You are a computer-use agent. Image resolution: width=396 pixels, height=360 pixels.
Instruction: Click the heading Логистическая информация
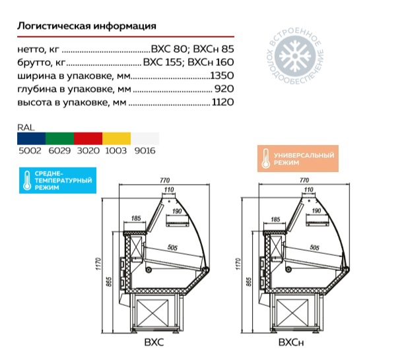(x=86, y=26)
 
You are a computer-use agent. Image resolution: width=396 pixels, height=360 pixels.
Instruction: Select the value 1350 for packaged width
(x=222, y=75)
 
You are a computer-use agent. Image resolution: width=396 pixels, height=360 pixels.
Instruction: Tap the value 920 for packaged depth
(x=224, y=89)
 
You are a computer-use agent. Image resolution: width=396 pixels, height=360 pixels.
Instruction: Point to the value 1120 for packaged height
(x=223, y=102)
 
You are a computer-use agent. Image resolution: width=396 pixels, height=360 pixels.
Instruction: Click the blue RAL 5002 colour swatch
(x=31, y=138)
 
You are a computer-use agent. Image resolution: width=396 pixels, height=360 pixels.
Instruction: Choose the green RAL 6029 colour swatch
(x=60, y=138)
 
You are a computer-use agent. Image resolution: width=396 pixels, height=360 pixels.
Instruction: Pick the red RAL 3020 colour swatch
(x=88, y=138)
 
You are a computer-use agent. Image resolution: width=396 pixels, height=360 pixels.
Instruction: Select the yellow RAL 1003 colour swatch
(x=116, y=138)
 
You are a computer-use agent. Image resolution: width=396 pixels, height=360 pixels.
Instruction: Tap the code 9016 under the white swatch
(x=145, y=151)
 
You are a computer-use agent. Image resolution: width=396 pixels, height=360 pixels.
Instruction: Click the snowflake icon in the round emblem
(x=295, y=55)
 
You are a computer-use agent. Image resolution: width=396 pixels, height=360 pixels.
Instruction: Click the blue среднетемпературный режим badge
(x=57, y=181)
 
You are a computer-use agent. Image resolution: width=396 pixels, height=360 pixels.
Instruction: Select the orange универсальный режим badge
(x=298, y=159)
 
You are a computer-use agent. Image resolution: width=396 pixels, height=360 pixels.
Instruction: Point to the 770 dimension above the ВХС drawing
(x=164, y=181)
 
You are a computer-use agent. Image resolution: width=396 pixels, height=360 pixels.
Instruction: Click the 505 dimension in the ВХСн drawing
(x=314, y=247)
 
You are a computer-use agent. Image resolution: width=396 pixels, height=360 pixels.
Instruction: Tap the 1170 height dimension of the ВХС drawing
(x=98, y=264)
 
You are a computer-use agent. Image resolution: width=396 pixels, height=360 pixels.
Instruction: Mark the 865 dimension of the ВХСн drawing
(x=249, y=282)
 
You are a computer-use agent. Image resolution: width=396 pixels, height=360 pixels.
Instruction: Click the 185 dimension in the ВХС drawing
(x=136, y=218)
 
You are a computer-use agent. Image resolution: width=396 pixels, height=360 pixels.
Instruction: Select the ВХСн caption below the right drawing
(x=291, y=343)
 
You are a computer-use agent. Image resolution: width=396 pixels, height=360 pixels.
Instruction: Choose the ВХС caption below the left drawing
(x=154, y=342)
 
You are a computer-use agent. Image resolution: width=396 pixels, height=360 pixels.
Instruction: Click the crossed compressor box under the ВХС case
(x=152, y=314)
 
